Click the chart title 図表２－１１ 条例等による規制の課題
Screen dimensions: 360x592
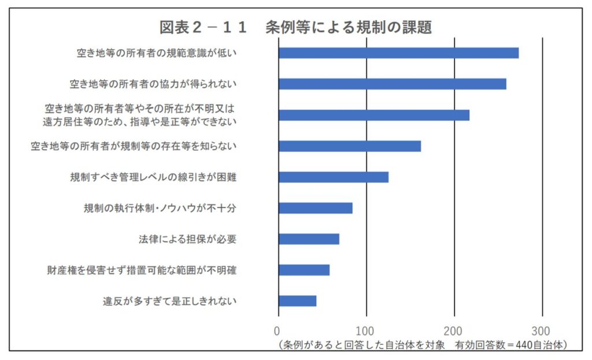pyautogui.click(x=295, y=27)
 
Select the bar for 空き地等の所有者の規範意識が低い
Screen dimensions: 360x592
pyautogui.click(x=398, y=53)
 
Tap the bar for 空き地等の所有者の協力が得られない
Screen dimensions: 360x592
pyautogui.click(x=392, y=84)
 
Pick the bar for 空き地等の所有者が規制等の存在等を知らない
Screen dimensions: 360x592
pyautogui.click(x=349, y=146)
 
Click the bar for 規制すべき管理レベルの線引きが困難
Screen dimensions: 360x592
pyautogui.click(x=333, y=177)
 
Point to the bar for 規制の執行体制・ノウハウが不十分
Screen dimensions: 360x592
pyautogui.click(x=315, y=208)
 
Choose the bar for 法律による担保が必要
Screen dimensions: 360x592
pyautogui.click(x=309, y=239)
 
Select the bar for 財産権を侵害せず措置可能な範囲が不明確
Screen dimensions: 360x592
pyautogui.click(x=304, y=270)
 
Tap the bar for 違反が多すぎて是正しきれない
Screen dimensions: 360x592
pyautogui.click(x=297, y=300)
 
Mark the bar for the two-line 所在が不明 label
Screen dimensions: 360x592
pyautogui.click(x=373, y=115)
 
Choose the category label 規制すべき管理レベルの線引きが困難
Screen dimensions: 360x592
pyautogui.click(x=153, y=177)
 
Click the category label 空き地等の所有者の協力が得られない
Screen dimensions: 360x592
pyautogui.click(x=153, y=84)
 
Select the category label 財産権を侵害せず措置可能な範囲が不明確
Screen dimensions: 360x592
pyautogui.click(x=142, y=270)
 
